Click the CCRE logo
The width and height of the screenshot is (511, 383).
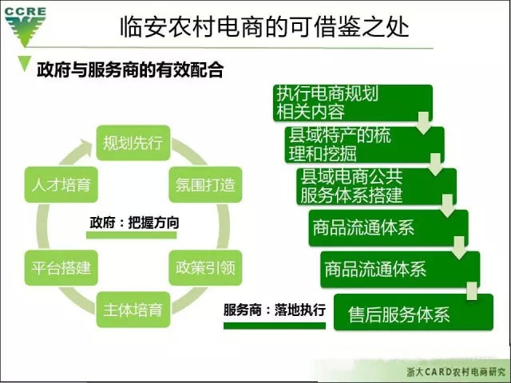click(x=25, y=26)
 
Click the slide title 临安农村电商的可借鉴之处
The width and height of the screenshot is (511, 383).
click(x=264, y=26)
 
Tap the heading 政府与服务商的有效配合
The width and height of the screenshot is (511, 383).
click(x=130, y=69)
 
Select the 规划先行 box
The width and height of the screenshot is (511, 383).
click(x=133, y=143)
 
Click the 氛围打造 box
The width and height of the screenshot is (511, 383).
click(x=205, y=184)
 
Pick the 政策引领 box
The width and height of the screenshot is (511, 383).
click(x=205, y=268)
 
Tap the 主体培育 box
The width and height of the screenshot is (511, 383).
click(x=133, y=310)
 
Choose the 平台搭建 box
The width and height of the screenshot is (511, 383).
click(x=61, y=268)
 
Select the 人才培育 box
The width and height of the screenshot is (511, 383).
click(x=61, y=184)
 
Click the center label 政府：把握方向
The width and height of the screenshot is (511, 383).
click(x=134, y=223)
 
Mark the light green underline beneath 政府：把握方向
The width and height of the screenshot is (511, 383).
click(x=131, y=235)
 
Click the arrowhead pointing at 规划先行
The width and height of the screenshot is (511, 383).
click(x=85, y=147)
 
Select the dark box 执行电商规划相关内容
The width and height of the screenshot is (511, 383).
click(x=353, y=103)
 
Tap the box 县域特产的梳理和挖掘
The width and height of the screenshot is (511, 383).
click(x=364, y=144)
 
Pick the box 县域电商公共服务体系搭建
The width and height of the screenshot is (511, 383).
click(x=376, y=186)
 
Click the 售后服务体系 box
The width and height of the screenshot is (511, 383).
click(x=414, y=312)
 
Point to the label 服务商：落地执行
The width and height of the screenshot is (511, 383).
click(x=275, y=310)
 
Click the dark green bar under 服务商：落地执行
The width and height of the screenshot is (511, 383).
click(x=275, y=326)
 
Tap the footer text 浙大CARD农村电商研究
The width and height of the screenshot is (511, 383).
click(x=456, y=372)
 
